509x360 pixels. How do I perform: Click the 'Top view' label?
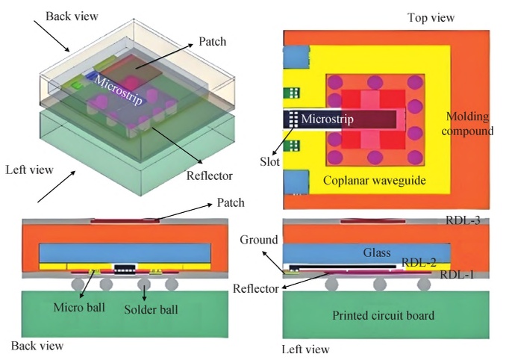tap(431, 17)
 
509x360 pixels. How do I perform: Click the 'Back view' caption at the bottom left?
tap(37, 346)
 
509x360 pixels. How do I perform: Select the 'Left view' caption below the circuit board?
tap(305, 349)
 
